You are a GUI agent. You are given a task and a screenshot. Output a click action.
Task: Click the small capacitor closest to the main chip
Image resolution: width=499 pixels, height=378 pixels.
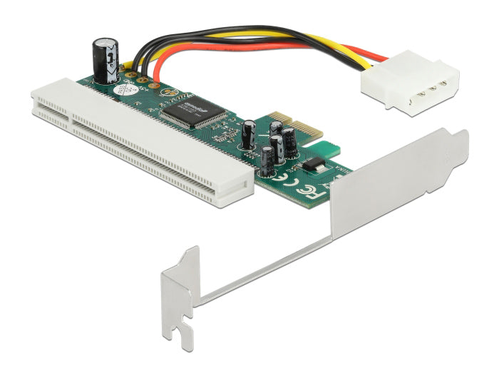249,135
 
